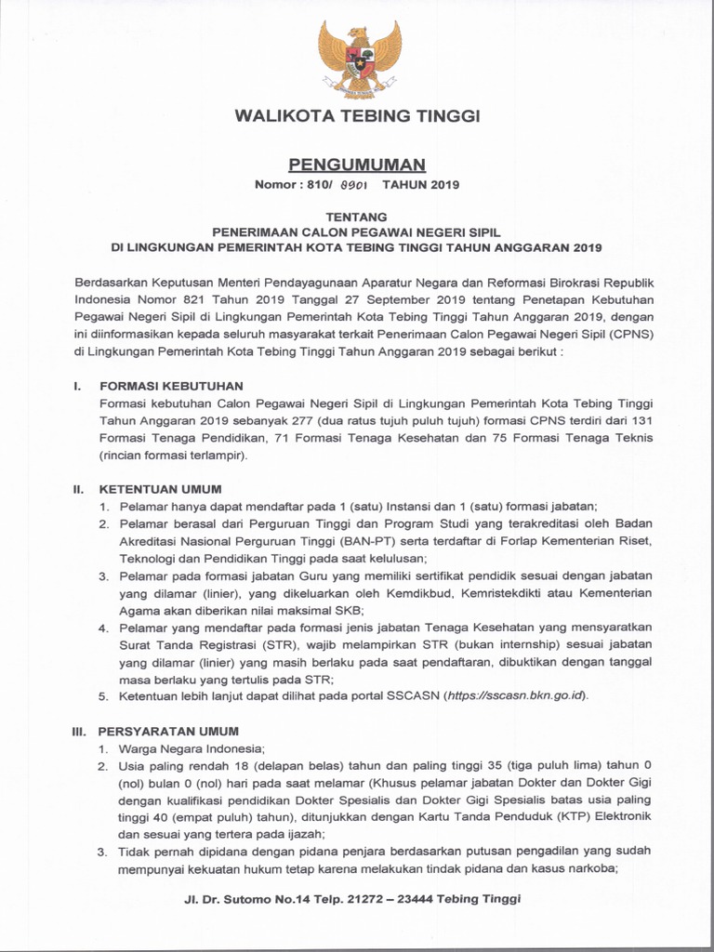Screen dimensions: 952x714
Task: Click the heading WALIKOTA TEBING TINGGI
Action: [357, 116]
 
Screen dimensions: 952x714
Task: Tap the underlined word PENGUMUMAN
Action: [357, 165]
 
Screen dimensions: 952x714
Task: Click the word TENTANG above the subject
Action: [357, 217]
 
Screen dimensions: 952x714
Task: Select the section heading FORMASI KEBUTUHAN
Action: [159, 385]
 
